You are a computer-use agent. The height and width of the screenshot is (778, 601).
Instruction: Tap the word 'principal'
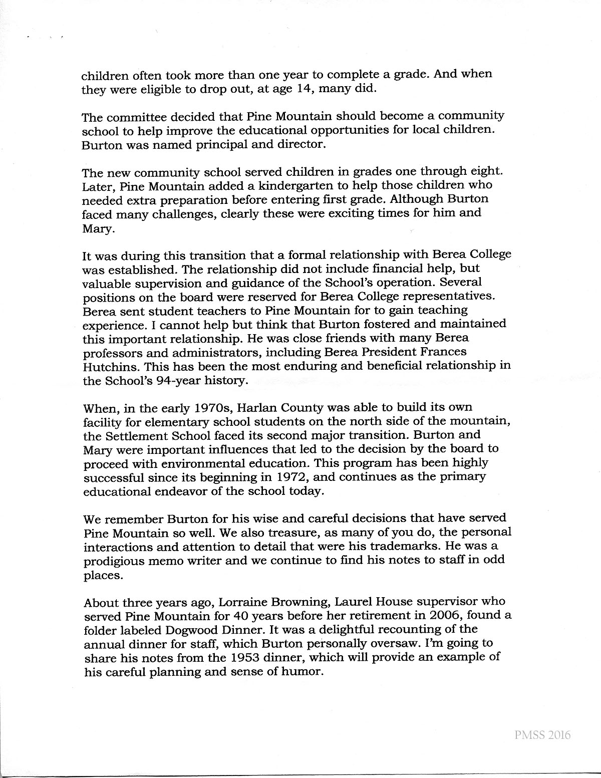(x=215, y=145)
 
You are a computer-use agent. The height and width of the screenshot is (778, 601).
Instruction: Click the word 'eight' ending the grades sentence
(x=484, y=171)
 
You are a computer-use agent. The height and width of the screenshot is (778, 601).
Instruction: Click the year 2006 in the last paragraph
(x=462, y=616)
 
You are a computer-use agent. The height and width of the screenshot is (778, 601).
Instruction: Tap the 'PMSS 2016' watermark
(x=542, y=735)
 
